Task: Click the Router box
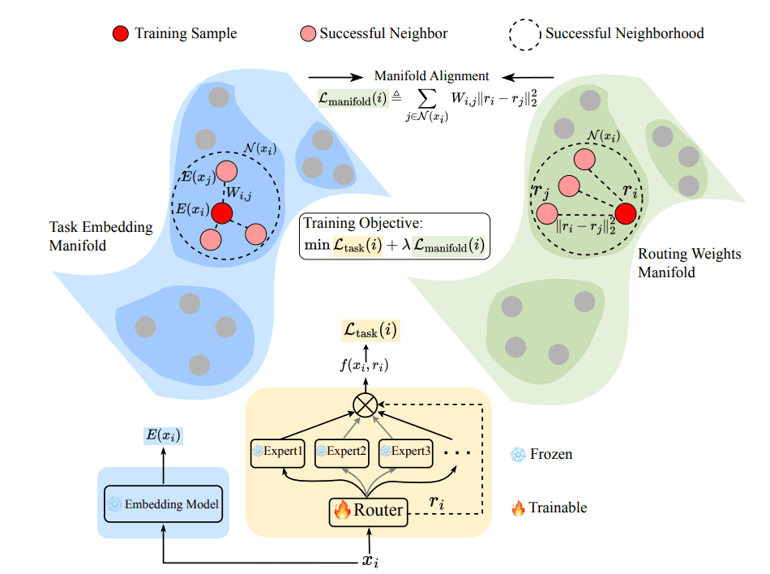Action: (366, 510)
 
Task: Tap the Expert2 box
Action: (342, 452)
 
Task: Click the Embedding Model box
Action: (164, 504)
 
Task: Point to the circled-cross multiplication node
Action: (366, 406)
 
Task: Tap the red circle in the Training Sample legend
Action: (120, 34)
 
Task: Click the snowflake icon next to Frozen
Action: (516, 455)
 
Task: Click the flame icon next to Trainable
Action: (516, 508)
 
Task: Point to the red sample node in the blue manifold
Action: (221, 215)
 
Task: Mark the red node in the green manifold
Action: (625, 214)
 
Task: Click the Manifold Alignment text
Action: (431, 76)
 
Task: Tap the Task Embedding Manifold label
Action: (101, 236)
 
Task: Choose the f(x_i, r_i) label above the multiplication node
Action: (364, 365)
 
